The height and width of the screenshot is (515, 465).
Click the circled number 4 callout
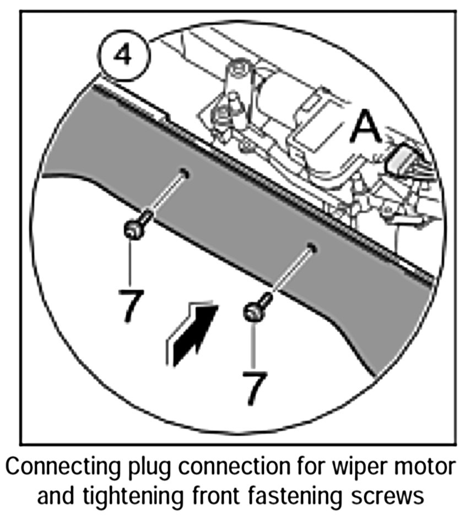tap(125, 55)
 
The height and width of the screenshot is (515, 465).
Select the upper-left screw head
tap(133, 229)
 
